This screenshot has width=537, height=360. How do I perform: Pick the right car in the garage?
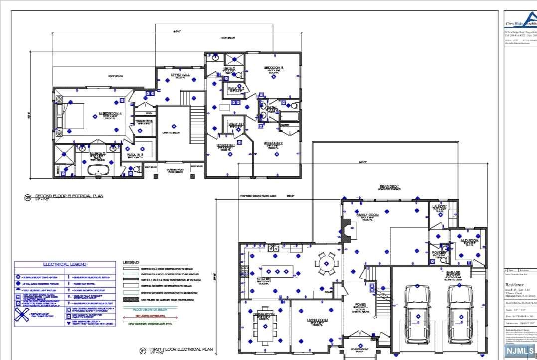coord(459,314)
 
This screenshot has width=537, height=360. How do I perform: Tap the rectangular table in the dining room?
coord(262,329)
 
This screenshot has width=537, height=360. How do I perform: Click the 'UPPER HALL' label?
coord(180,75)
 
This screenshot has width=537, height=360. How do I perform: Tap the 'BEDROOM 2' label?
coord(274,143)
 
